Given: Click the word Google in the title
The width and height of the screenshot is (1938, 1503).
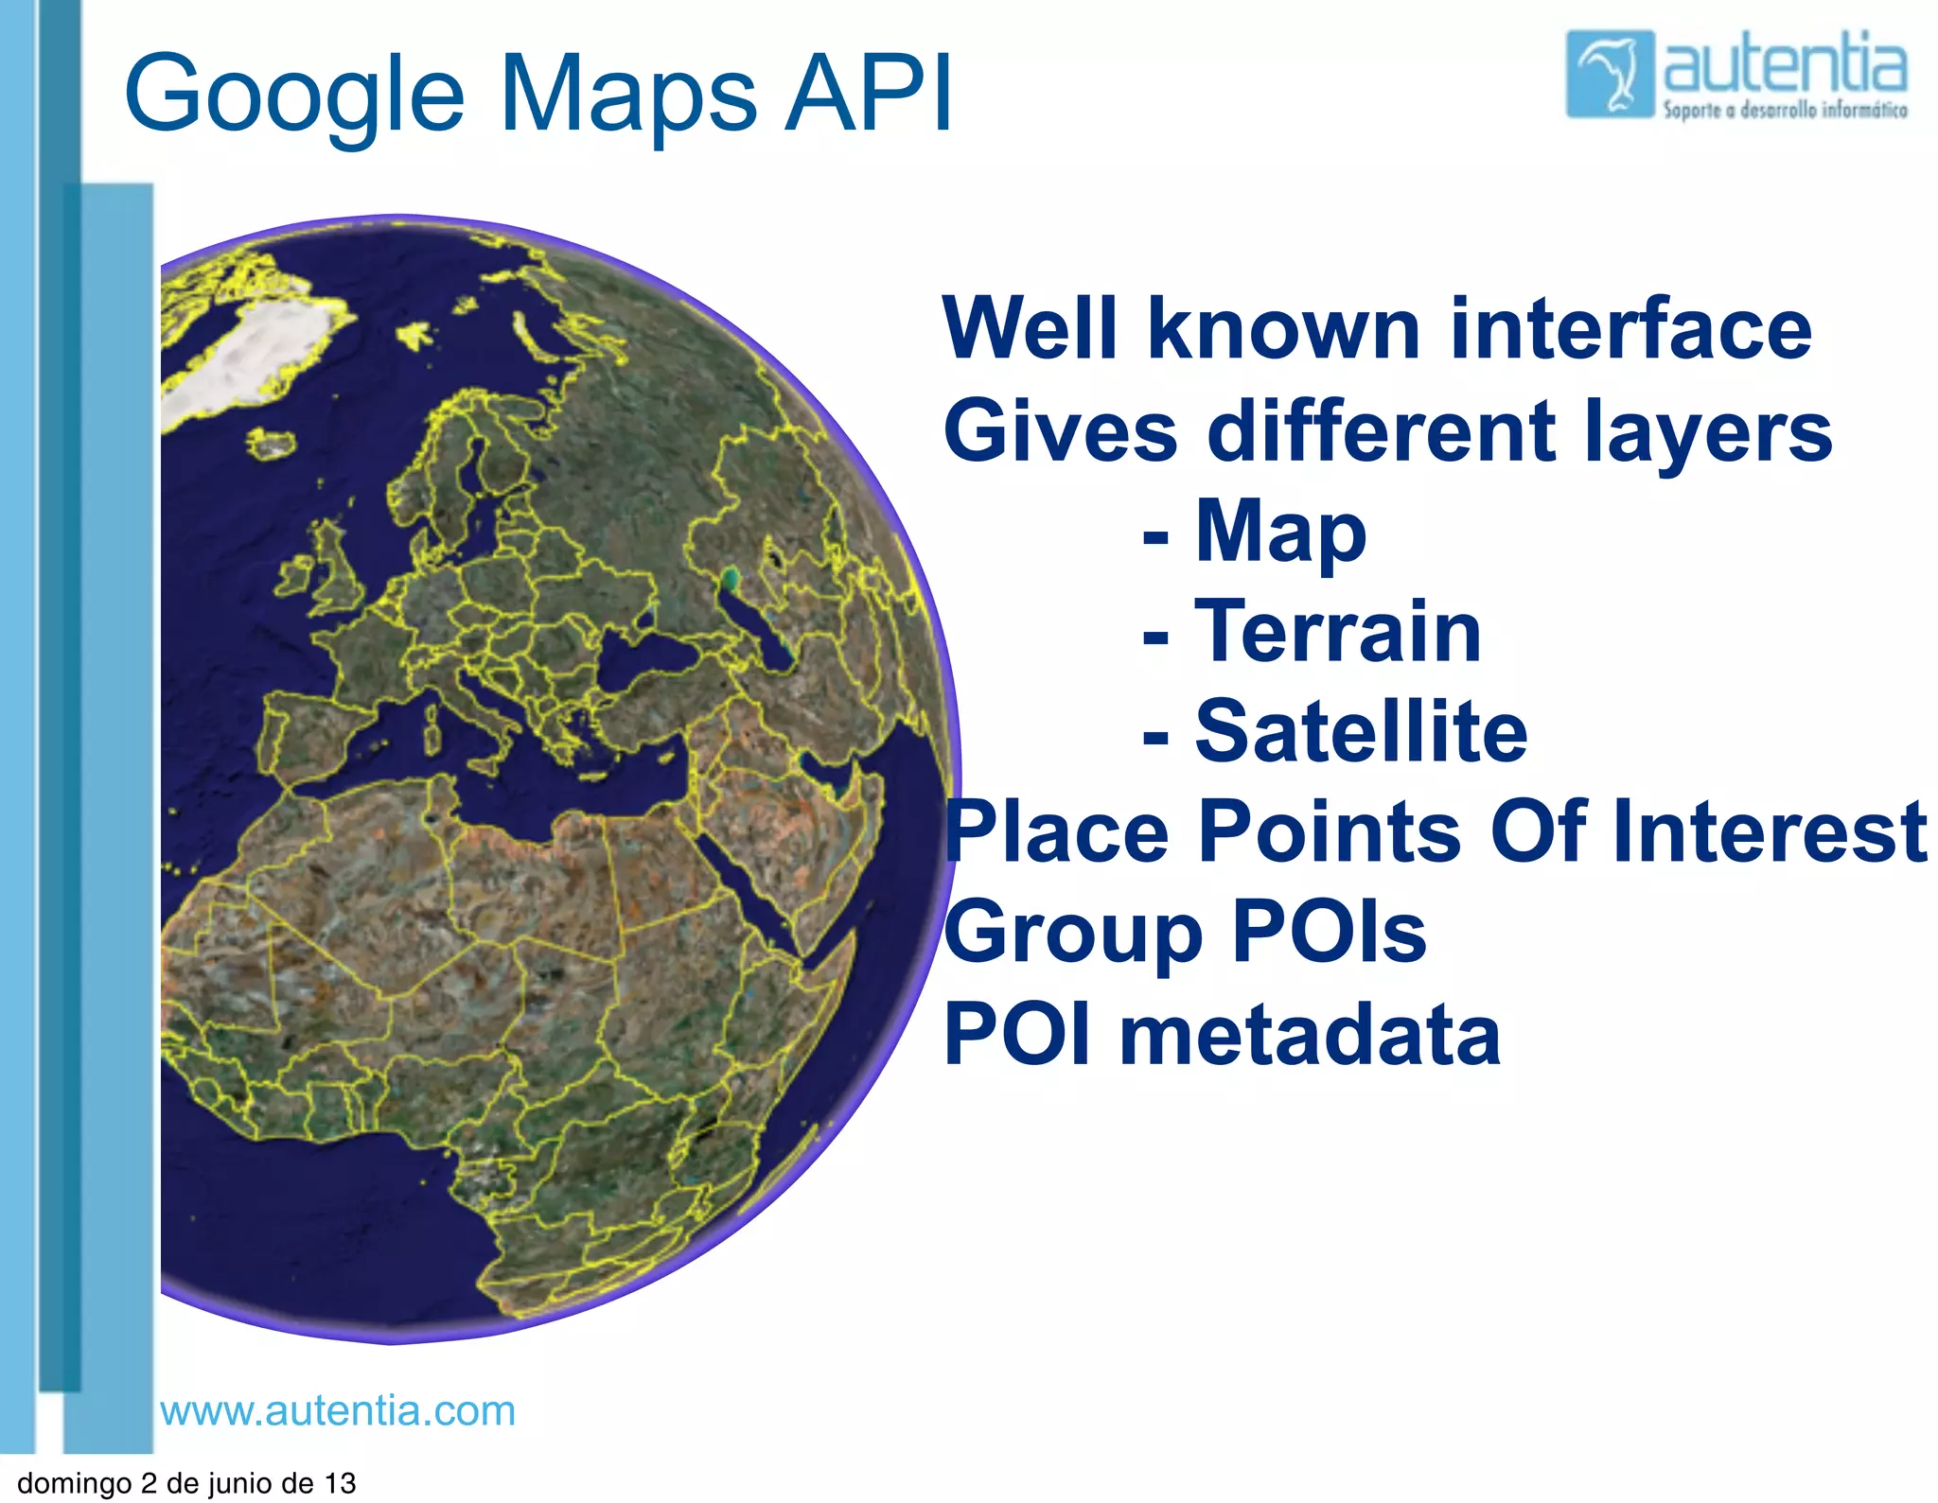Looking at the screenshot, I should [293, 95].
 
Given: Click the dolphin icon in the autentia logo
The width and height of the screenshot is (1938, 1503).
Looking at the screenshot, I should [1610, 74].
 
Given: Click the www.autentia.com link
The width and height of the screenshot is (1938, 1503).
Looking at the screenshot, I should [338, 1410].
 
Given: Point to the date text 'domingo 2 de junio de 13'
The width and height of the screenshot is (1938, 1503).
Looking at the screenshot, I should [186, 1482].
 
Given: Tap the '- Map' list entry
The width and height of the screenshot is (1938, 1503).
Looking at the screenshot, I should [1255, 532].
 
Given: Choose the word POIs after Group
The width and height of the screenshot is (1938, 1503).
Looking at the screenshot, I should [1329, 933].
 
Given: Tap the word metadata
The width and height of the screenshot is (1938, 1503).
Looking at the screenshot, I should [1310, 1035].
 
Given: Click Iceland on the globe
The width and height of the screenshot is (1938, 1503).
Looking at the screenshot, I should [272, 442].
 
